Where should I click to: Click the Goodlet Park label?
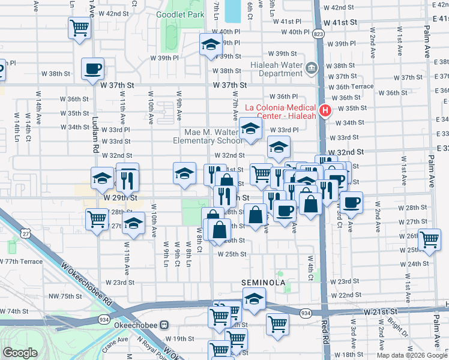coord(179,14)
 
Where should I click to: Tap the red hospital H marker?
coord(325,111)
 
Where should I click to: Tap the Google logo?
coord(20,353)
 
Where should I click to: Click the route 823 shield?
coord(318,35)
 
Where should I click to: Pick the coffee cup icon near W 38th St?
coord(92,69)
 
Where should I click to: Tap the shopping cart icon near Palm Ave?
coord(429,239)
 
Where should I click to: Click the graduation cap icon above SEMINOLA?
coord(255,299)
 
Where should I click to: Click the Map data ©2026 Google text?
coord(411,355)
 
